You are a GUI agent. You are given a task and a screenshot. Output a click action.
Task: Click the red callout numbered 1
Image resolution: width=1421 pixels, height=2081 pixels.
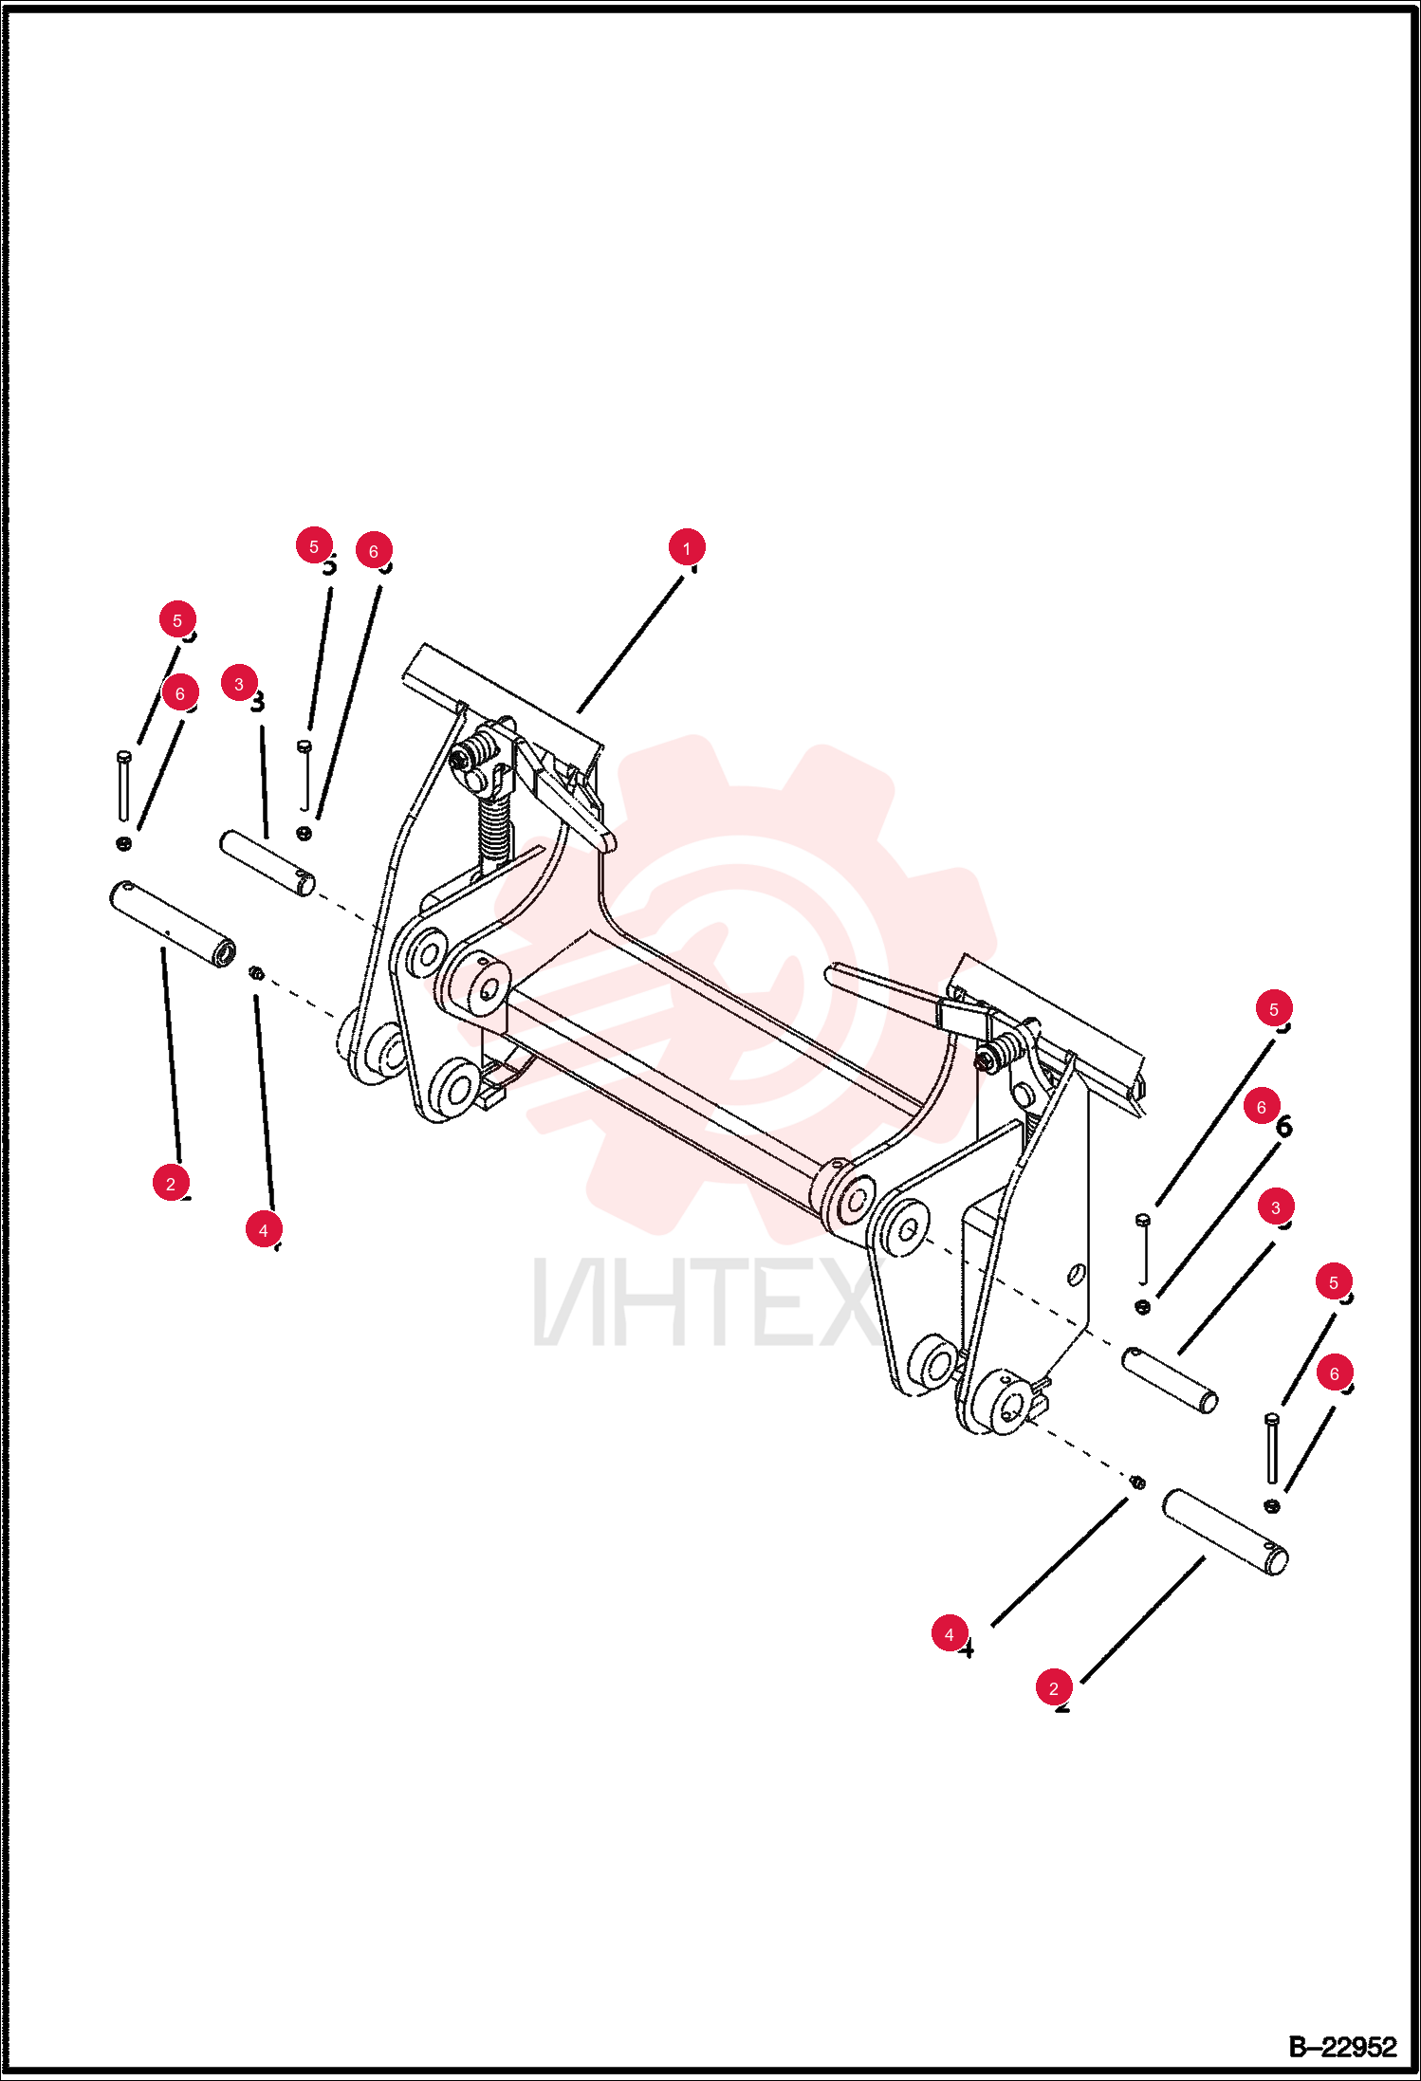point(687,548)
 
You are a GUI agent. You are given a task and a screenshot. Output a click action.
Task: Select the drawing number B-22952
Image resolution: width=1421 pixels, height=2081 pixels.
point(1342,2046)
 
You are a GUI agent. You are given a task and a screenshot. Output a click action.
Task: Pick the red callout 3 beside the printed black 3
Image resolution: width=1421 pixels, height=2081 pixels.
point(239,683)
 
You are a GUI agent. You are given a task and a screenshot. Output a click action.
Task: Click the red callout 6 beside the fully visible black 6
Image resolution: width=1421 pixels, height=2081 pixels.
point(1262,1107)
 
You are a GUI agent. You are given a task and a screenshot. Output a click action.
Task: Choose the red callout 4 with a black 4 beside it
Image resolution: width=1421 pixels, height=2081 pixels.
point(950,1634)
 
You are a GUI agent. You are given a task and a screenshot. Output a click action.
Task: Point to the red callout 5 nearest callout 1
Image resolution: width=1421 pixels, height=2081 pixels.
point(314,546)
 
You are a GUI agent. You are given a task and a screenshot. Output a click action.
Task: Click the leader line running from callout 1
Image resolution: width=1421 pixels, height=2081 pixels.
point(631,644)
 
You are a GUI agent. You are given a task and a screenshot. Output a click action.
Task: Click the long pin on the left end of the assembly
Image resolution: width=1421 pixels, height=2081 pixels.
point(173,925)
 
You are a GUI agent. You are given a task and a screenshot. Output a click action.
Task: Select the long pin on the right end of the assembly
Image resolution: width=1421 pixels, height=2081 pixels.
point(1226,1532)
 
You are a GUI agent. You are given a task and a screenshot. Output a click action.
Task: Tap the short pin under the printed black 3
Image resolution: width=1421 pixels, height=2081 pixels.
point(268,863)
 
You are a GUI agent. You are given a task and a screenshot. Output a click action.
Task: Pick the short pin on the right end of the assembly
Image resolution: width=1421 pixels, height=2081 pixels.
point(1170,1380)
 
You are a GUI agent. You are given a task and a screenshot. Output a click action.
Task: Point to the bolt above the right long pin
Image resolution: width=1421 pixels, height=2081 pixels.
point(1272,1448)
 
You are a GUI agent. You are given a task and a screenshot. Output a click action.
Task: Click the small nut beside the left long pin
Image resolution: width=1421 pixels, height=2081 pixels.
point(255,972)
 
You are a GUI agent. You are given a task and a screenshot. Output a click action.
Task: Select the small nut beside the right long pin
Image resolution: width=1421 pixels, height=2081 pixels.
point(1137,1482)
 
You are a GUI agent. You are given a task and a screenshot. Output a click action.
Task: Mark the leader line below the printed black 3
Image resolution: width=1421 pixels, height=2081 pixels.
point(265,782)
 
